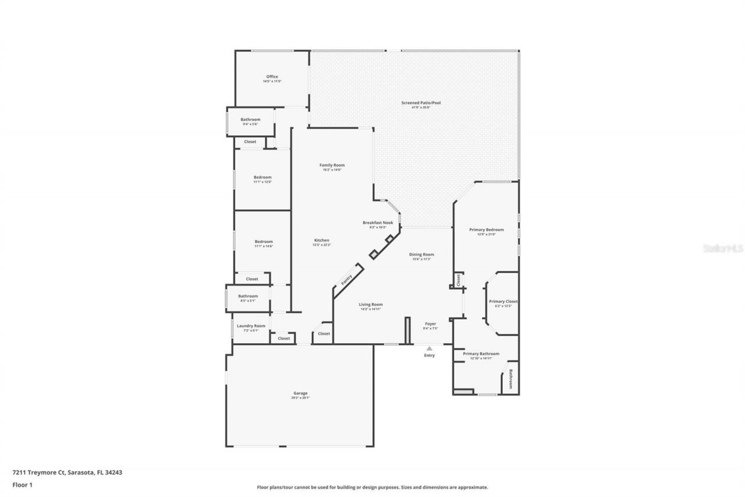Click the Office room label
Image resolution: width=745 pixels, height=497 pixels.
click(272, 77)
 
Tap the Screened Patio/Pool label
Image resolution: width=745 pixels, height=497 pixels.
click(420, 103)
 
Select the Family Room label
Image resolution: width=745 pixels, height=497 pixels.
click(332, 165)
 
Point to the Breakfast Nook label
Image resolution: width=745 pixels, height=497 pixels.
click(378, 223)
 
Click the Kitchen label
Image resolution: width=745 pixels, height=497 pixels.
click(322, 241)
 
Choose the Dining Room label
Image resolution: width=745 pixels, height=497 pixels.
click(421, 255)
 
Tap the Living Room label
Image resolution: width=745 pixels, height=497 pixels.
click(370, 305)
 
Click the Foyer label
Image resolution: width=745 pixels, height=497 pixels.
click(430, 324)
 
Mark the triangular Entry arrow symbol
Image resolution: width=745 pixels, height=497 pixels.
click(430, 348)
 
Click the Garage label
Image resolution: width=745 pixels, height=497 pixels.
click(300, 393)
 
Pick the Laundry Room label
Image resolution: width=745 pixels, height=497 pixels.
click(251, 326)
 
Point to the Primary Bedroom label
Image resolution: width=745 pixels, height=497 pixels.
click(487, 230)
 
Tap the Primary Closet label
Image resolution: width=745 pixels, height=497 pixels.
click(503, 302)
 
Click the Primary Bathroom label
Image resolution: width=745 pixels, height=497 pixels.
click(481, 354)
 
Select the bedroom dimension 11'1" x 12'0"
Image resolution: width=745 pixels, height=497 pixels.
click(262, 182)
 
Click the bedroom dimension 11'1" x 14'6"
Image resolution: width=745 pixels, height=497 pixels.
click(263, 246)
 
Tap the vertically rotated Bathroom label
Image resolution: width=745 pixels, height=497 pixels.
click(511, 379)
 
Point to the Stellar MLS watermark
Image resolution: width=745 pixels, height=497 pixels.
click(723, 248)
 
